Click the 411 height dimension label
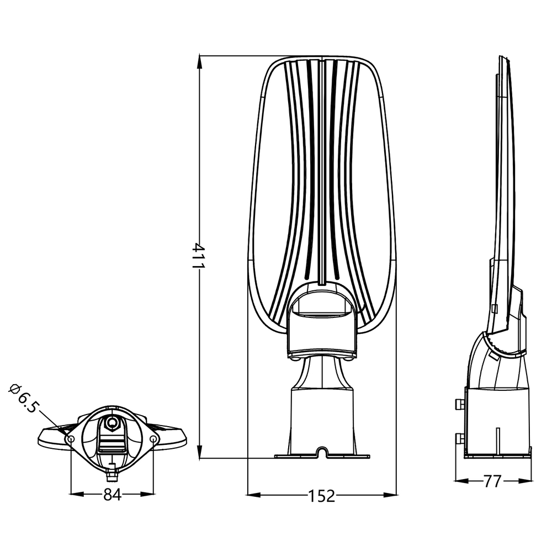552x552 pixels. pyautogui.click(x=198, y=255)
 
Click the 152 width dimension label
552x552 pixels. pyautogui.click(x=322, y=496)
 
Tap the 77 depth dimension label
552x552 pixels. pyautogui.click(x=492, y=481)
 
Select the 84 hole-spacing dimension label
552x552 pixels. pyautogui.click(x=112, y=495)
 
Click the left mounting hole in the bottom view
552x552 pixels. pyautogui.click(x=71, y=439)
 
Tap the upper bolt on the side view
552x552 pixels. pyautogui.click(x=459, y=404)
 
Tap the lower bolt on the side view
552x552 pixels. pyautogui.click(x=459, y=439)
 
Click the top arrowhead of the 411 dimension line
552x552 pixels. pyautogui.click(x=200, y=62)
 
